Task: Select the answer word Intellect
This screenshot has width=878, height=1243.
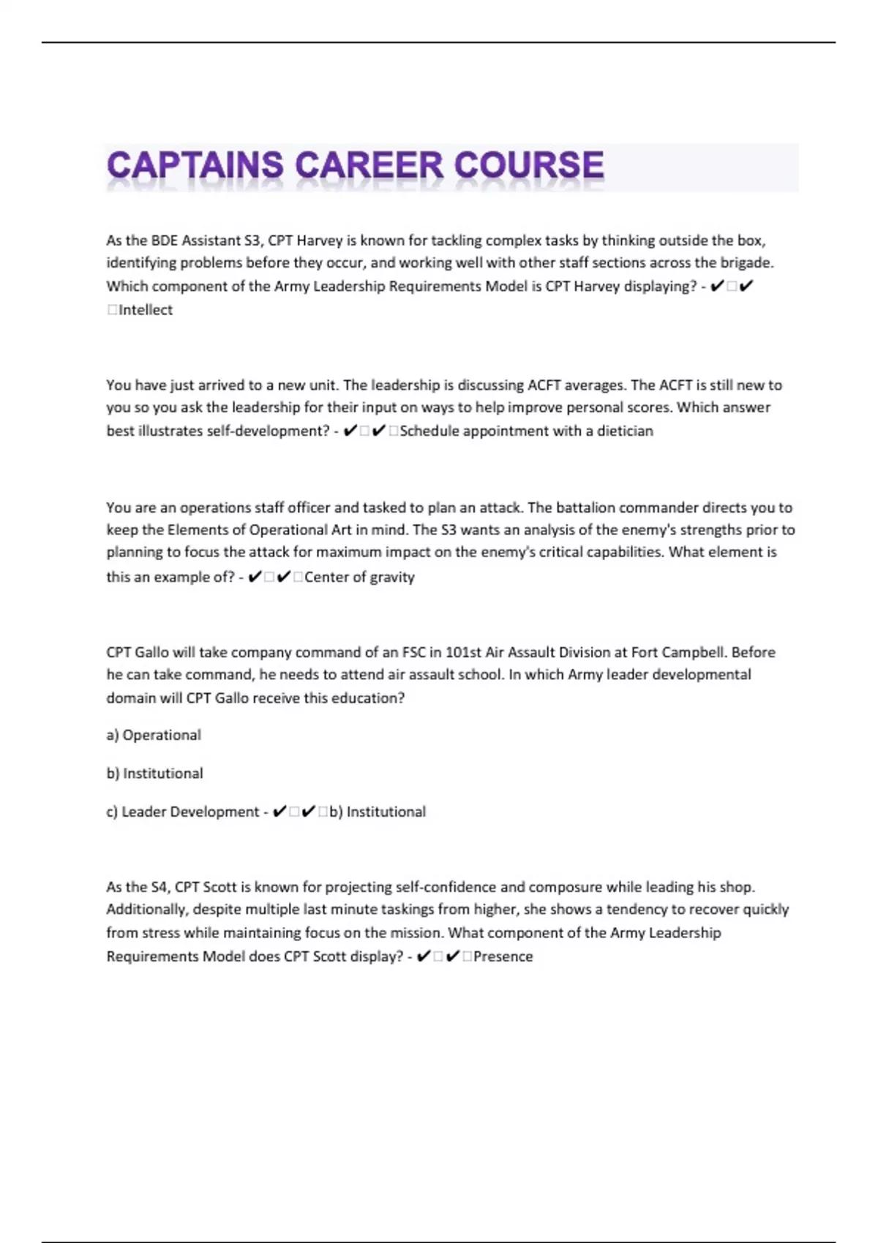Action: tap(146, 310)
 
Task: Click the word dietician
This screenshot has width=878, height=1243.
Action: tap(625, 431)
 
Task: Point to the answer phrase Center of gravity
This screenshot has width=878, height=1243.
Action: tap(359, 578)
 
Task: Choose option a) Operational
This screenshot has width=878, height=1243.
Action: tap(154, 736)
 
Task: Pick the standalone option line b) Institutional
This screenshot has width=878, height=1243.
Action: tap(154, 774)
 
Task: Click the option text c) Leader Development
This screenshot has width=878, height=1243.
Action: tap(182, 812)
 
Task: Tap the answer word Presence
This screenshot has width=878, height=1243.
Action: tap(503, 957)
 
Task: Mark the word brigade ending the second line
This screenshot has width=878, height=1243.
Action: tap(746, 263)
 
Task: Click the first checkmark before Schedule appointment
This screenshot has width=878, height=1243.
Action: tap(350, 431)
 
